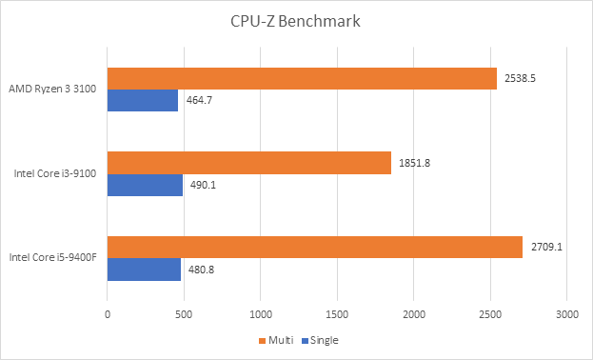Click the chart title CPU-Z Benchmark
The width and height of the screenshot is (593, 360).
[296, 22]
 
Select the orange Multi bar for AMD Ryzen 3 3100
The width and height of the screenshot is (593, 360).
[302, 78]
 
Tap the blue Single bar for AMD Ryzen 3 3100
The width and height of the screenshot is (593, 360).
[143, 100]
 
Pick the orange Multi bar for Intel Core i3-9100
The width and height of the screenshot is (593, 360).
[249, 162]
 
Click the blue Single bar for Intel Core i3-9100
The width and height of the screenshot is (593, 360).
[145, 184]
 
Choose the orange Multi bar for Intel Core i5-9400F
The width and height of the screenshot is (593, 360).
[315, 246]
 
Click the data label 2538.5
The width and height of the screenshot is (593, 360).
[521, 78]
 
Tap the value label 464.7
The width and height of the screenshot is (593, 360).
[199, 100]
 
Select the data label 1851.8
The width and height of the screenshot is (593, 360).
[415, 162]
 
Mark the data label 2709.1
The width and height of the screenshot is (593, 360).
[546, 246]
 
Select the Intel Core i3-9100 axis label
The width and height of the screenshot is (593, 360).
[55, 173]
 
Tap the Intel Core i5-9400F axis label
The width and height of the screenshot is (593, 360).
[53, 257]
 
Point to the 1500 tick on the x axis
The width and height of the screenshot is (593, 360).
[337, 312]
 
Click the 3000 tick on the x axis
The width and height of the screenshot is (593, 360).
[567, 312]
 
